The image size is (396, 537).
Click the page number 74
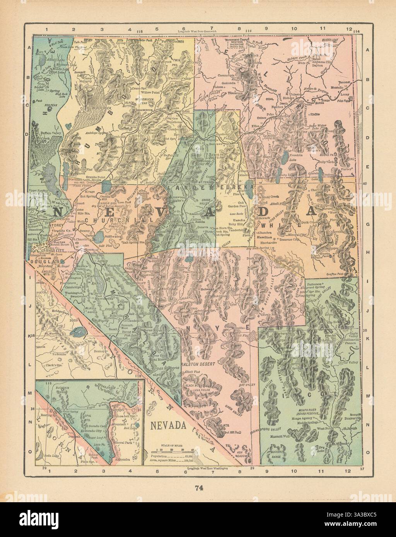198,488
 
